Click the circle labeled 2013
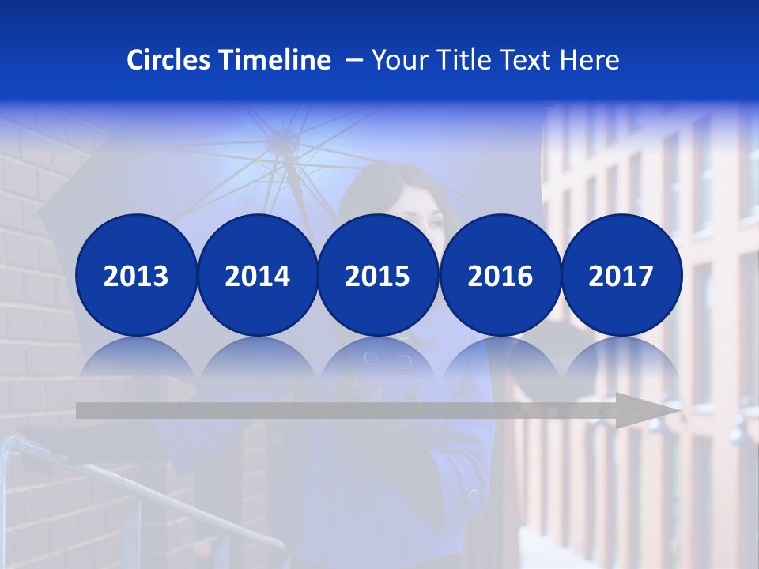click(x=136, y=275)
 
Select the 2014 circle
click(x=257, y=275)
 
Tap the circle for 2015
click(x=378, y=275)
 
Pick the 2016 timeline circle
click(x=500, y=275)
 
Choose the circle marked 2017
click(x=621, y=275)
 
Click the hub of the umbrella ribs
click(x=282, y=142)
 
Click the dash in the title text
click(x=354, y=60)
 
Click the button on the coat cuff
click(x=474, y=496)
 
